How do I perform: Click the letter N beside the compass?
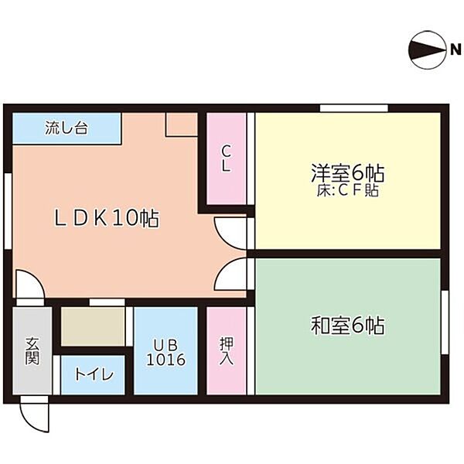(455, 49)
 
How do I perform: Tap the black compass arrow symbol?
(427, 50)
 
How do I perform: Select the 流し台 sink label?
(67, 128)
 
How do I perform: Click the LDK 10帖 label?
(107, 218)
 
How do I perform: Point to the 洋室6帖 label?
(347, 172)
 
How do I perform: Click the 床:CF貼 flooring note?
(348, 190)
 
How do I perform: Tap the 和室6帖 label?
(348, 326)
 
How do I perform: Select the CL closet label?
(226, 159)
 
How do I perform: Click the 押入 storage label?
(227, 350)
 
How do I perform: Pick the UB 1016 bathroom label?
(166, 352)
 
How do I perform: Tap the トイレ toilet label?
(94, 374)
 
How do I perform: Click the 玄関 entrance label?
(32, 350)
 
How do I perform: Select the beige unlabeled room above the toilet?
(93, 326)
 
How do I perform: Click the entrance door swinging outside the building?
(34, 414)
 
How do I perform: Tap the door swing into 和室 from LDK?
(230, 274)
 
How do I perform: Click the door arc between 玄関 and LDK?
(29, 284)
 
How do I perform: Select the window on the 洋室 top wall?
(354, 108)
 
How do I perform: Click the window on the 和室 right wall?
(445, 322)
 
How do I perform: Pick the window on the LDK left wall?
(8, 210)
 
